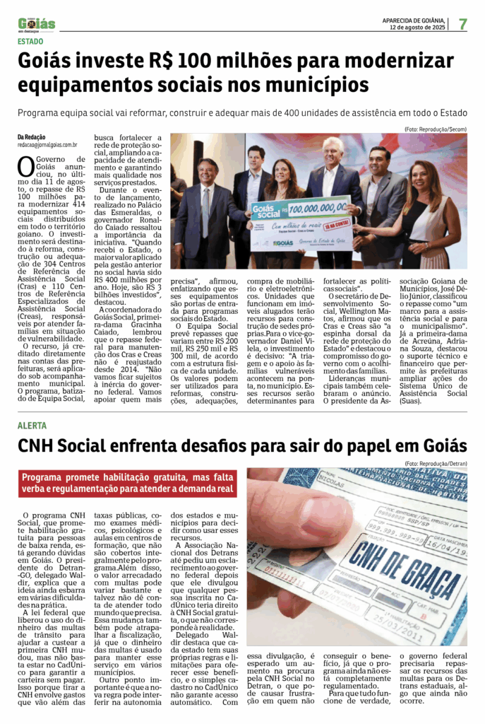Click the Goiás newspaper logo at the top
[37, 24]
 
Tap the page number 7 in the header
[462, 24]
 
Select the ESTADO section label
[30, 41]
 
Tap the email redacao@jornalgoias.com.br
[47, 144]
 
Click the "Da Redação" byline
[32, 136]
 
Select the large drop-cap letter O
[25, 166]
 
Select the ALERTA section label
[32, 426]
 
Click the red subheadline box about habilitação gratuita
[128, 482]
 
